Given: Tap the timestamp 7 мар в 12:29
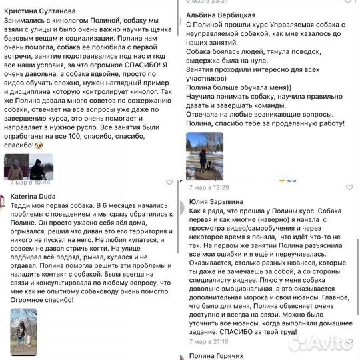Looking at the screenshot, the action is [x=208, y=187].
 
